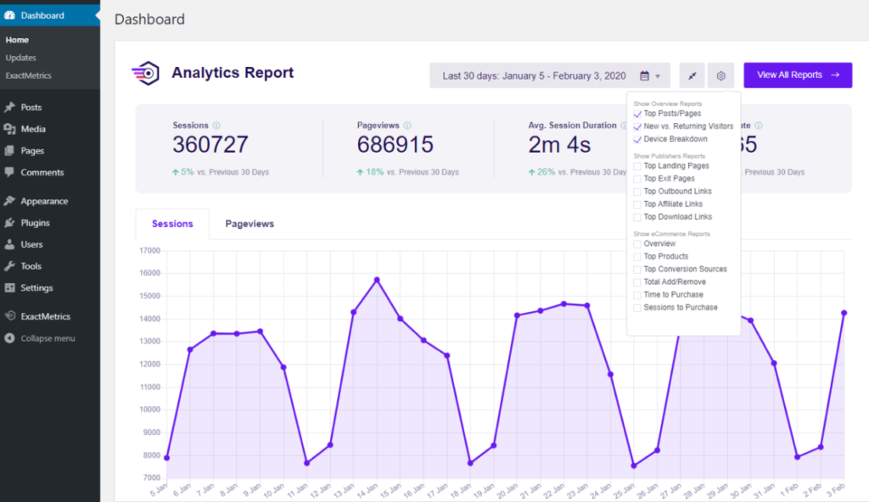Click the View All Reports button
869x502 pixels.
(797, 75)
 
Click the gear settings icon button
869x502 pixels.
(720, 75)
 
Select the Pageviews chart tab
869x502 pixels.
(249, 224)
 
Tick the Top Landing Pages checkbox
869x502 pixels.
(637, 166)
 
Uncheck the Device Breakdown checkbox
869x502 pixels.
(637, 139)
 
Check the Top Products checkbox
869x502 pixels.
(637, 256)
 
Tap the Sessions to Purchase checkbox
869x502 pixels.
(637, 308)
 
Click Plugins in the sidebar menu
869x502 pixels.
(35, 223)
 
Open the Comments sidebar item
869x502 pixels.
(42, 172)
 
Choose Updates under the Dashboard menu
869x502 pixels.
(20, 58)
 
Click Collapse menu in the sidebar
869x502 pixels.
(48, 338)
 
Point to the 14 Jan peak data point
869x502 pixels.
(377, 280)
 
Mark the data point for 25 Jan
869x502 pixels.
(633, 466)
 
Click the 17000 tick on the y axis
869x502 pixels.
(149, 250)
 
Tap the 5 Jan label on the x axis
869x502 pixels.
(156, 491)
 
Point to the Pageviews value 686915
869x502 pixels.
(395, 144)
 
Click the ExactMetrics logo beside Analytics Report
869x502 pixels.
(145, 74)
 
